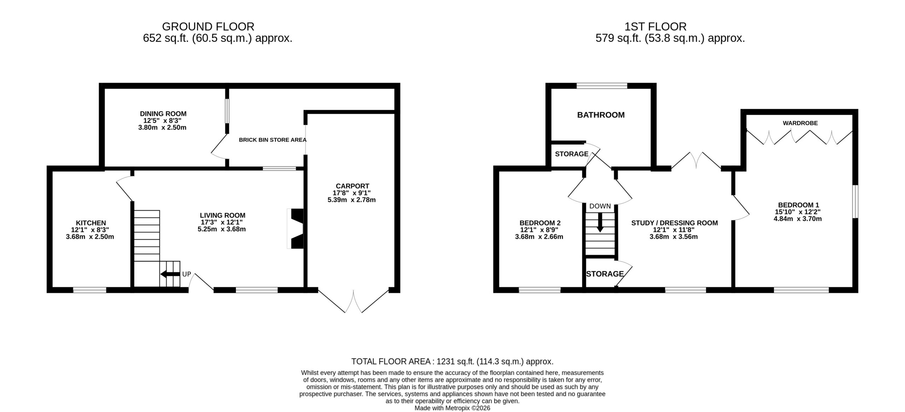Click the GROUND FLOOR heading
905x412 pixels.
208,27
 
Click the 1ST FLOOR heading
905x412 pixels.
655,27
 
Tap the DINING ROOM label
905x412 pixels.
163,114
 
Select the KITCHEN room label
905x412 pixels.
91,223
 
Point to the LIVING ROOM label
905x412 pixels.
222,215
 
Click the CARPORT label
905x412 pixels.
352,186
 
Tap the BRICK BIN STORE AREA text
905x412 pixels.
273,140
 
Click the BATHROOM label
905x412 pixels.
601,115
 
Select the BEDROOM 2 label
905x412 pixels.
540,223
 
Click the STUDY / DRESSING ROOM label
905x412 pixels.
675,223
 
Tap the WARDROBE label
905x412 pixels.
800,123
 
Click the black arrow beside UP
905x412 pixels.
170,274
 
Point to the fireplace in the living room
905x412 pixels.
295,228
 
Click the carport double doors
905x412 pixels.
353,302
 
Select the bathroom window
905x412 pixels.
602,86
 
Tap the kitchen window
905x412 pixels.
90,290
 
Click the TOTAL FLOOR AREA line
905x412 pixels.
452,362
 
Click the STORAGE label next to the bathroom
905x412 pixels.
572,154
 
